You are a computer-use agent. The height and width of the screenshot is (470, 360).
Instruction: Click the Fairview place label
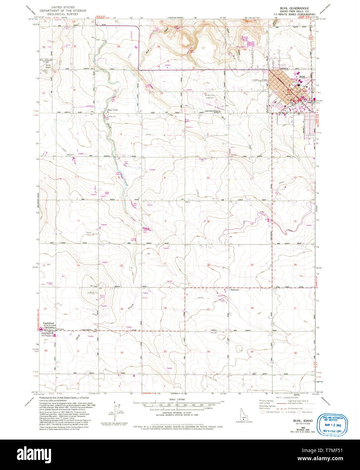[x=235, y=290]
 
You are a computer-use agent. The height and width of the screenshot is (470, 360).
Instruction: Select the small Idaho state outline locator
[x=240, y=414]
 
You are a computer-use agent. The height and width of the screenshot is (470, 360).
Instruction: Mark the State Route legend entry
[x=306, y=412]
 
